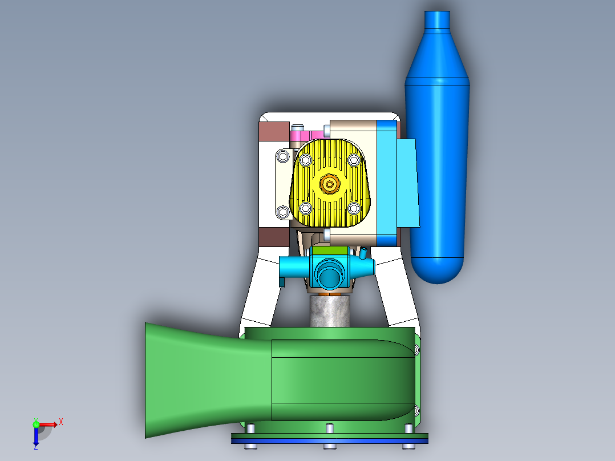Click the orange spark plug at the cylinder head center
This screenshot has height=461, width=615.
click(x=329, y=184)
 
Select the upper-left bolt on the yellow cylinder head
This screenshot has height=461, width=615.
click(x=306, y=161)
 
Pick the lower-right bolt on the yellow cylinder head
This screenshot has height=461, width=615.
click(x=354, y=207)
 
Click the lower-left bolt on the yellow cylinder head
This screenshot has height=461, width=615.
click(x=306, y=207)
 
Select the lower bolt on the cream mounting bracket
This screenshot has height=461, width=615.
click(x=283, y=212)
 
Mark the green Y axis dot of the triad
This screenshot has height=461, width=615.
click(x=36, y=424)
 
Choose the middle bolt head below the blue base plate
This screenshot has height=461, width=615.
click(x=329, y=446)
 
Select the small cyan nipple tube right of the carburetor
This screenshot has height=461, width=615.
click(x=362, y=253)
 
